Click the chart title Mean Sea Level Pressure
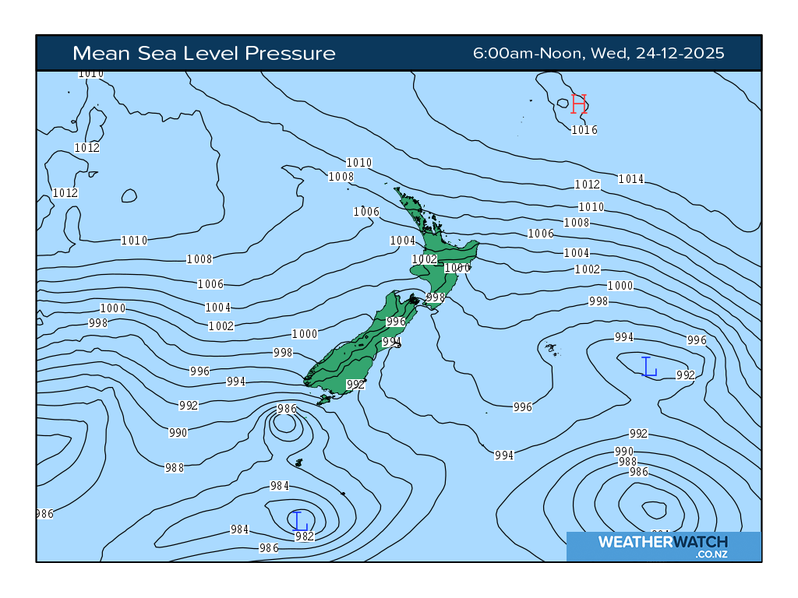click(x=204, y=53)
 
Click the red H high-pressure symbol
click(x=578, y=104)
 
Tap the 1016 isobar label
click(x=584, y=130)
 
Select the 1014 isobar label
click(x=631, y=179)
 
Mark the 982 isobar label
click(x=304, y=536)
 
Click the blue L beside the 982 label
click(x=298, y=520)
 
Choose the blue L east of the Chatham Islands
click(x=648, y=366)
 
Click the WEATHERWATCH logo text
click(x=662, y=542)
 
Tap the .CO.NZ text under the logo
click(x=711, y=554)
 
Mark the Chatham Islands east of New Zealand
click(x=552, y=349)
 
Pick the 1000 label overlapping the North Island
click(x=457, y=268)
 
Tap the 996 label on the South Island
click(x=396, y=322)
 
